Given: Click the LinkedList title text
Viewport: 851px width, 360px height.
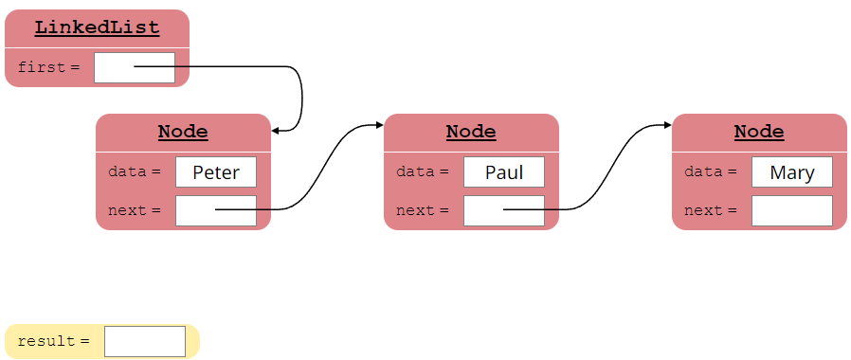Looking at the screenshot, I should point(97,27).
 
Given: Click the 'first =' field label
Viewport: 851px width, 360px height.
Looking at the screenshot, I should point(48,67).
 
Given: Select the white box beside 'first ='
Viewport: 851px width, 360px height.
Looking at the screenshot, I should point(135,67).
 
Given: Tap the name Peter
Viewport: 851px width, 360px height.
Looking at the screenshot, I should point(216,172).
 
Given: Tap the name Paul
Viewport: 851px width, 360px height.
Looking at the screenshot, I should point(504,172).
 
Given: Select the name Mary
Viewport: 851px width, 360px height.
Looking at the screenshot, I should point(792,172).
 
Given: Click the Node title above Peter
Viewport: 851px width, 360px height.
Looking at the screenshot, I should point(183,132).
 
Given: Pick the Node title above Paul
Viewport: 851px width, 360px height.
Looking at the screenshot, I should point(471,132).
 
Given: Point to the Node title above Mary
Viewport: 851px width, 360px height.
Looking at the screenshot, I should point(759,132).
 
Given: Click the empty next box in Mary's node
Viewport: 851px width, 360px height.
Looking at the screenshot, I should point(792,210).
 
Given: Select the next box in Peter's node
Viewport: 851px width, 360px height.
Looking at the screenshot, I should point(216,210).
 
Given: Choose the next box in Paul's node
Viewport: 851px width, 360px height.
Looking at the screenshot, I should point(504,210).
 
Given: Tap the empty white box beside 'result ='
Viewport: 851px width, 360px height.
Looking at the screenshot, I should point(145,341).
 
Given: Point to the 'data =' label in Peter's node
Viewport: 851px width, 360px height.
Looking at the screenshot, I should point(134,172).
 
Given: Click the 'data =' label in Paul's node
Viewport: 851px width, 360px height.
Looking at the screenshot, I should point(422,172).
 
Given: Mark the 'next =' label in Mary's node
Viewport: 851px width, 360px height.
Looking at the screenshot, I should point(710,210).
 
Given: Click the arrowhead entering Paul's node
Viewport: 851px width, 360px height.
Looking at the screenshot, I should point(379,124).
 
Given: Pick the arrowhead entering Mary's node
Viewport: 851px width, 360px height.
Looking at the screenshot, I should point(667,124).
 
